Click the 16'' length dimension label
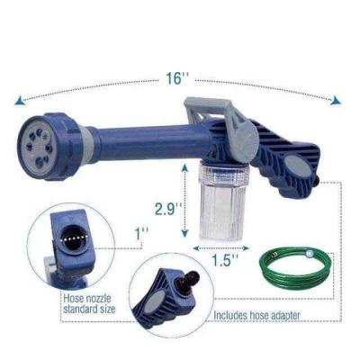[176, 78]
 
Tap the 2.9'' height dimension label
[168, 209]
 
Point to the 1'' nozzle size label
[140, 233]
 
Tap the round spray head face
[38, 146]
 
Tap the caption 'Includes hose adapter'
[256, 315]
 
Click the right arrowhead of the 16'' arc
[336, 101]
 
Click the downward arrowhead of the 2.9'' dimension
[185, 233]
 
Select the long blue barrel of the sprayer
[151, 142]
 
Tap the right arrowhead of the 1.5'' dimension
[246, 248]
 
